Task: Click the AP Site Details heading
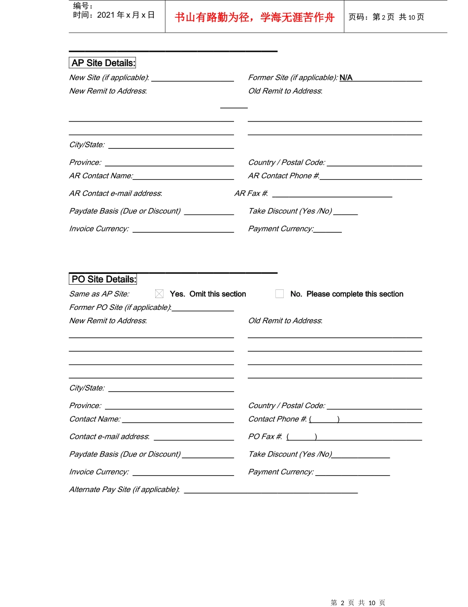pos(103,63)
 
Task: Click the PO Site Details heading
pos(103,279)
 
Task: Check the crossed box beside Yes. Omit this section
pos(159,294)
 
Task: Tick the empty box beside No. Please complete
pos(279,294)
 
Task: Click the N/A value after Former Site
pos(346,77)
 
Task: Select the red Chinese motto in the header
pos(254,18)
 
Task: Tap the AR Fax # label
pos(251,193)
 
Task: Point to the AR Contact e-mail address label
pos(115,193)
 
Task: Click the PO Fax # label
pos(265,437)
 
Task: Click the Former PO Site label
pos(120,307)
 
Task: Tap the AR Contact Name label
pos(101,176)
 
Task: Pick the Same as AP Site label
pos(99,294)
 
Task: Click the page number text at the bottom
pos(358,603)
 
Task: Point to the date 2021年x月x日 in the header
pos(114,15)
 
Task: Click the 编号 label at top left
pos(83,6)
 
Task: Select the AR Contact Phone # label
pos(283,176)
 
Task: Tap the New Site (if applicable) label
pos(109,77)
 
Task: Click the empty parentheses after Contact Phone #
pos(324,419)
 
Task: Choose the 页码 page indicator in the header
pos(386,17)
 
